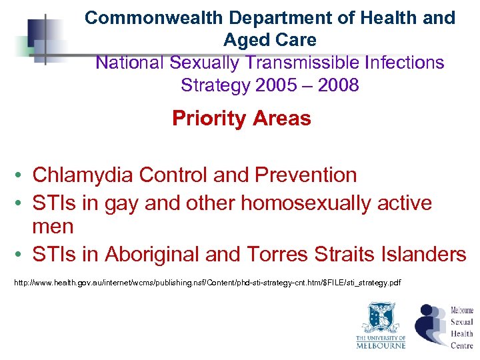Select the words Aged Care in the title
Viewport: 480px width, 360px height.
(x=270, y=40)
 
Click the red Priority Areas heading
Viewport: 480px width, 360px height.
(x=241, y=119)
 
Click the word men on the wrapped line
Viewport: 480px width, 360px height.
(x=53, y=227)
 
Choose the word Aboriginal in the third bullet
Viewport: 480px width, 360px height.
(x=147, y=254)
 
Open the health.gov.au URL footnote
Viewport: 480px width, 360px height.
(x=207, y=283)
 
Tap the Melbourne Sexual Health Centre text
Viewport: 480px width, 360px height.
(x=461, y=327)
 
